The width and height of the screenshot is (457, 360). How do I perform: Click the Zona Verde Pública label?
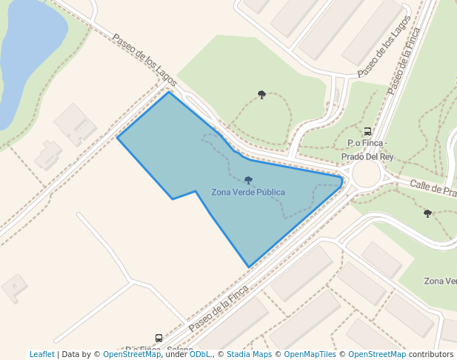click(248, 193)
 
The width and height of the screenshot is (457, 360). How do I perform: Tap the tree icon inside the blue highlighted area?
click(248, 180)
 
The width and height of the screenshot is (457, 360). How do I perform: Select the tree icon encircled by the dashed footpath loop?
click(261, 94)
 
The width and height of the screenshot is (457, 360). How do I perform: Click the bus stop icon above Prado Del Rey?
click(367, 131)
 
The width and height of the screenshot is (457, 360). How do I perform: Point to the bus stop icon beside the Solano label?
click(159, 338)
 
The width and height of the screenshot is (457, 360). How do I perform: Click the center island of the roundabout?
click(366, 174)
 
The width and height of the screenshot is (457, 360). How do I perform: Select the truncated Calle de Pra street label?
click(433, 190)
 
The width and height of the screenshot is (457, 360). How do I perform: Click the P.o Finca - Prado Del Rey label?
click(367, 150)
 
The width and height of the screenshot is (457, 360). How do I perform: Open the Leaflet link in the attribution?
click(41, 354)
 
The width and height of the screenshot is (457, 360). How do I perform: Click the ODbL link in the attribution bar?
click(200, 354)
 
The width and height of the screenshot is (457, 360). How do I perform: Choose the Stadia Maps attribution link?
click(249, 354)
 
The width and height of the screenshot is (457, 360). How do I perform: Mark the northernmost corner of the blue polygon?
click(169, 92)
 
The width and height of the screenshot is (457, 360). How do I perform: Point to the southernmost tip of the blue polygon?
click(249, 267)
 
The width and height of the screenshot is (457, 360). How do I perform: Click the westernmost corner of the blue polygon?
click(118, 138)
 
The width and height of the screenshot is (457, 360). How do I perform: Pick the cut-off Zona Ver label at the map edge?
click(440, 281)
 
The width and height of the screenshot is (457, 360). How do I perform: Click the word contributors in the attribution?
click(431, 354)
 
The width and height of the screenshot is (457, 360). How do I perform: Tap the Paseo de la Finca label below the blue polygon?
click(218, 310)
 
